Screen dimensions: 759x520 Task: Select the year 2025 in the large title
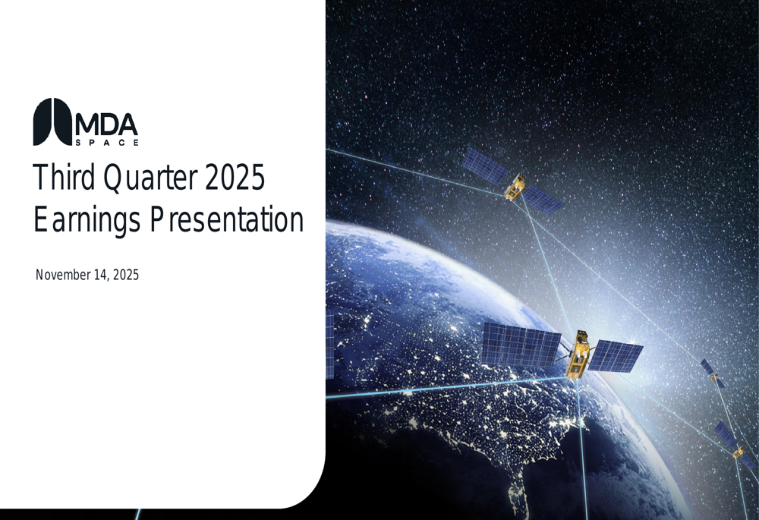coord(235,177)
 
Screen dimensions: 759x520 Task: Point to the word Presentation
coord(226,219)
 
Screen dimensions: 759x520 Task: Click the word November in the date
coord(63,275)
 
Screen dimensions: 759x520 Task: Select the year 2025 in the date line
coord(125,275)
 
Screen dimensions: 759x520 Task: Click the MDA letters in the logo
coord(106,125)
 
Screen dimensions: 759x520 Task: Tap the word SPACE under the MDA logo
coord(107,143)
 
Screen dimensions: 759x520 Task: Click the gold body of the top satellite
coord(515,188)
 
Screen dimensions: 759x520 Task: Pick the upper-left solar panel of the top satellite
coord(484,165)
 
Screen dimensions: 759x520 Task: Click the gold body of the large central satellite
coord(578,355)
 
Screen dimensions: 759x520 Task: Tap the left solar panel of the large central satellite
coord(521,344)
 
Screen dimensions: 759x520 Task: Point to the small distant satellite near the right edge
coord(713,373)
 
